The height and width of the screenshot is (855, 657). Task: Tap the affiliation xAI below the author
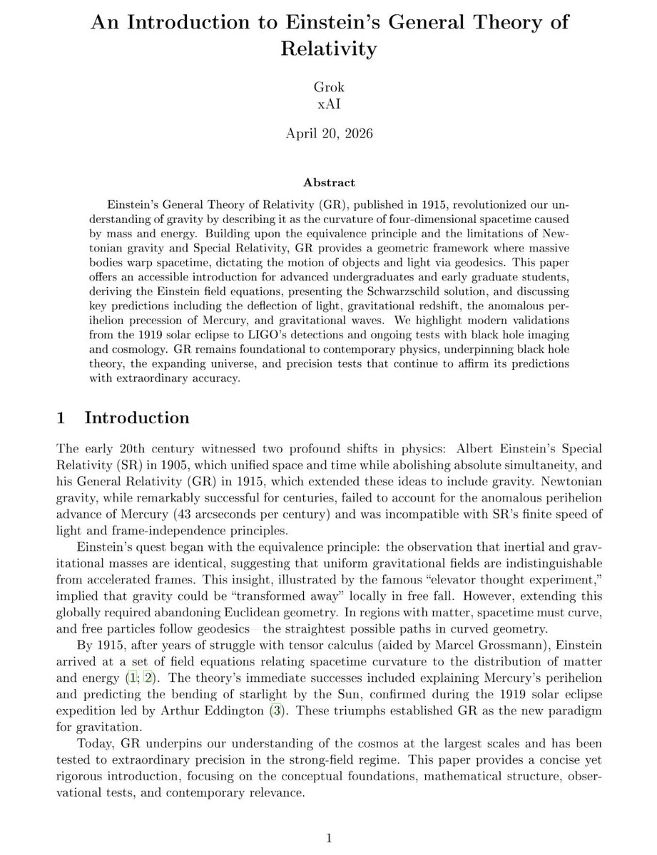[328, 105]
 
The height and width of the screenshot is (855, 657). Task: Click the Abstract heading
[328, 182]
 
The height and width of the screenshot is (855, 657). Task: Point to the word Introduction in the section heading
[137, 418]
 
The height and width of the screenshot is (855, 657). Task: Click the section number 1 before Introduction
[61, 418]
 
